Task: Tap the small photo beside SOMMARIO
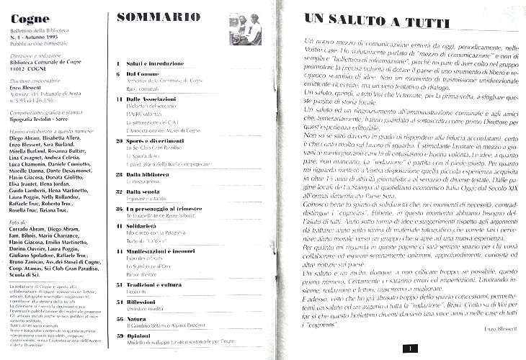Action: click(244, 30)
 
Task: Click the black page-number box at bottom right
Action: click(408, 348)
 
